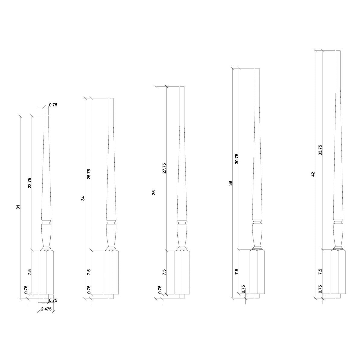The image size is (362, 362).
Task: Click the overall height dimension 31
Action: [x=18, y=207]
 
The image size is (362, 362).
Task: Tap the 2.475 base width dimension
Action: [x=46, y=309]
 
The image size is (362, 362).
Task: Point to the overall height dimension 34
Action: [x=83, y=198]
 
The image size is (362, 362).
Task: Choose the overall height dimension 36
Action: [x=154, y=192]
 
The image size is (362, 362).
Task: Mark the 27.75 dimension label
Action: [x=164, y=168]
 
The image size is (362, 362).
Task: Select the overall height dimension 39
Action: [x=230, y=183]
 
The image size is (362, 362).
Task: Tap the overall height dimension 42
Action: [x=313, y=174]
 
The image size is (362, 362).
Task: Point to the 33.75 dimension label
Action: [x=320, y=150]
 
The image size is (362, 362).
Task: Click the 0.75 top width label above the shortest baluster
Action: [x=53, y=105]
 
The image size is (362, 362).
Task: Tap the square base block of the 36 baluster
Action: [x=182, y=272]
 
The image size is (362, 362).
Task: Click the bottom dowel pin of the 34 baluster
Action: [x=111, y=297]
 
